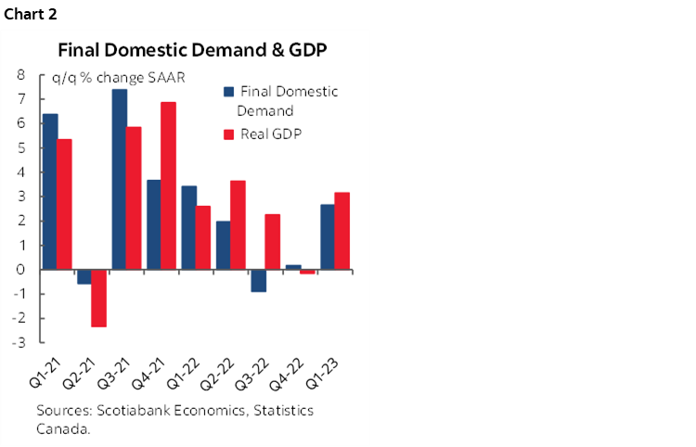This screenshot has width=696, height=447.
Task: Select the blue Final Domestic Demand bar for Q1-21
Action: pyautogui.click(x=50, y=191)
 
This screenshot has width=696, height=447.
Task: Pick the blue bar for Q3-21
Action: pyautogui.click(x=120, y=179)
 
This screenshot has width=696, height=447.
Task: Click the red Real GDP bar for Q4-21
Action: pyautogui.click(x=168, y=185)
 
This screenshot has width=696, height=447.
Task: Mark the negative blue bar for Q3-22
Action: pyautogui.click(x=257, y=280)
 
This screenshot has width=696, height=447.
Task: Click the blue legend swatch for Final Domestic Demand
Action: pyautogui.click(x=227, y=92)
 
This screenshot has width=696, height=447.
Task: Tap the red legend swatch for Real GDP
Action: pyautogui.click(x=227, y=134)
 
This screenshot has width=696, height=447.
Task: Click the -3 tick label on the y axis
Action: pyautogui.click(x=17, y=342)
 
